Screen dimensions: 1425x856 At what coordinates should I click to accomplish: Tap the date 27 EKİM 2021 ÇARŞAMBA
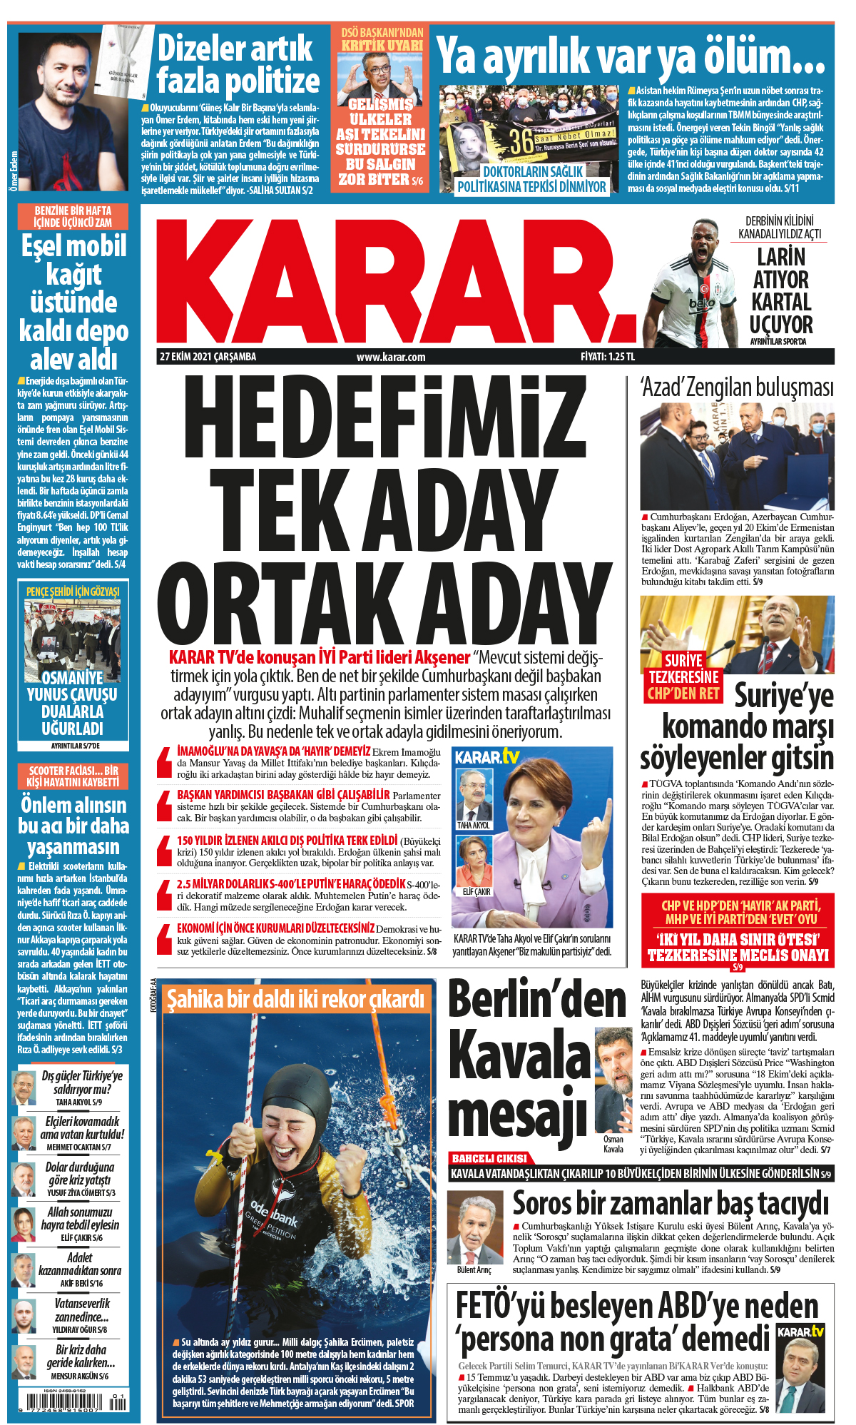pos(208,357)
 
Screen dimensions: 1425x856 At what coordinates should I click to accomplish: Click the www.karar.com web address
pos(391,357)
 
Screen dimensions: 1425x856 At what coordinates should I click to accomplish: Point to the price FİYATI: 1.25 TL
pos(607,357)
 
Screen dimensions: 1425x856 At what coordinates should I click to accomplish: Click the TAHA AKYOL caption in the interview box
pos(473,825)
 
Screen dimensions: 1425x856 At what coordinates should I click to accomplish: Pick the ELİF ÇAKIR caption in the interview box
pos(476,892)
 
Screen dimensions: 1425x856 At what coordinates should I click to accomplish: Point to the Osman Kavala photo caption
pos(613,1145)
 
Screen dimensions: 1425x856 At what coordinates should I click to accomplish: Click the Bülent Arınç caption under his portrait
pos(474,1270)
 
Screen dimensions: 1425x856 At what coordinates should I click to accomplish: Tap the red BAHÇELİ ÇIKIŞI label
pos(489,1158)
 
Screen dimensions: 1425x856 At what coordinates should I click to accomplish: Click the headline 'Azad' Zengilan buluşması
pos(737,388)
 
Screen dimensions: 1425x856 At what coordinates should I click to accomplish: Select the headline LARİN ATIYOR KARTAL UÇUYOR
pos(781,290)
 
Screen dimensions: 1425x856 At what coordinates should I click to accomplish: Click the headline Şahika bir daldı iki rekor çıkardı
pos(295,1000)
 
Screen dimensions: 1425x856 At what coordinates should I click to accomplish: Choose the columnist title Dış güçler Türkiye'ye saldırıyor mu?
pos(81,1082)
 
